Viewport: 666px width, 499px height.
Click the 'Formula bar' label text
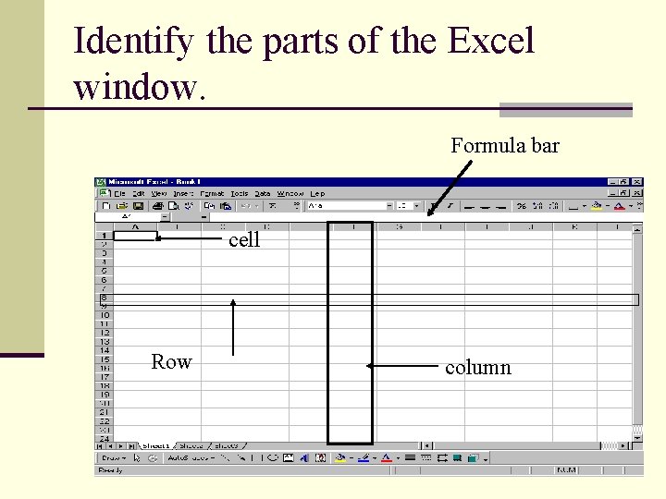504,146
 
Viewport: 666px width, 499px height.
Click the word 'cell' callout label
244,240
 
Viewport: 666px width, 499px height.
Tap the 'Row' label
171,362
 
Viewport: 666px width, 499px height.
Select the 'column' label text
477,368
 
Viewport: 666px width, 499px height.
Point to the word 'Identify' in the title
133,41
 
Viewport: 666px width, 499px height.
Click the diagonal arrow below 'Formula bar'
450,189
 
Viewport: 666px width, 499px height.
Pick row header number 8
104,298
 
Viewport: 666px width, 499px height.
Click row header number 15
104,359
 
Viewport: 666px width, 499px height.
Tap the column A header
137,226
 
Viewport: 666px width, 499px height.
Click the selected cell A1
137,236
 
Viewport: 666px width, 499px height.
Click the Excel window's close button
637,182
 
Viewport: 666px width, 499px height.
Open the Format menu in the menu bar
212,194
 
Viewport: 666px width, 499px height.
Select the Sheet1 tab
155,446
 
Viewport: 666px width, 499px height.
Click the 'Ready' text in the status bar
112,470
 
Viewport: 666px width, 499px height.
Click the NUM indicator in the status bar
566,470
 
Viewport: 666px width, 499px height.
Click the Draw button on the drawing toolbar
114,457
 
